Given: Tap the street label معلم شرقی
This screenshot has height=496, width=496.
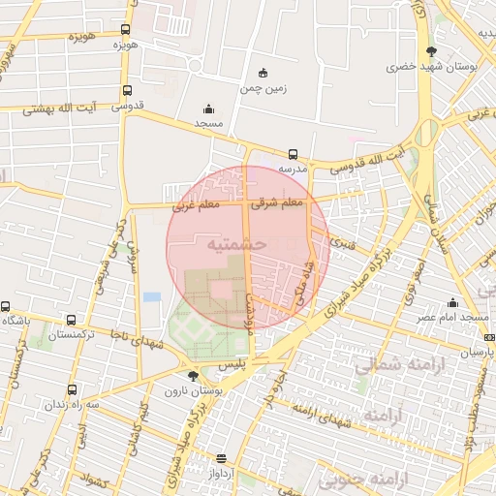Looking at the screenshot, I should (277, 203).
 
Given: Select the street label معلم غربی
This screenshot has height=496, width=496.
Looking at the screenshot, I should (197, 205).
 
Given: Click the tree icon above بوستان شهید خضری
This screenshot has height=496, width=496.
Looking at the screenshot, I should (431, 52).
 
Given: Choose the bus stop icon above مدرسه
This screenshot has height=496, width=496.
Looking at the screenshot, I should (293, 154).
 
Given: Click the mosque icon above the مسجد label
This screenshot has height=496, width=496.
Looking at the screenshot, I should (208, 108).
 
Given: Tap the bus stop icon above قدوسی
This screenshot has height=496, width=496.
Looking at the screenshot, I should (127, 91).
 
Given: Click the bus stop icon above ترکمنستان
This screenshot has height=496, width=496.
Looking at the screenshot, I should (71, 320).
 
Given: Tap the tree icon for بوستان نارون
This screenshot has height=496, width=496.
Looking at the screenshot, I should (193, 375).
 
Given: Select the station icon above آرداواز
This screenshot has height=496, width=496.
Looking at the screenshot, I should (222, 458).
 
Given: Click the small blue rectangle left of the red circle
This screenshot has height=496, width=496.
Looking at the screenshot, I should (152, 296).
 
